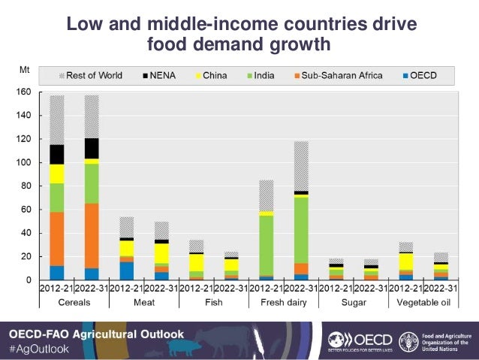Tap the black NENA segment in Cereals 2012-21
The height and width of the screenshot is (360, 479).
(x=56, y=154)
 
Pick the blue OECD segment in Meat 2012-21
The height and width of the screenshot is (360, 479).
(x=126, y=271)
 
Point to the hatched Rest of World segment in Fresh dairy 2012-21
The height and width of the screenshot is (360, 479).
(x=266, y=195)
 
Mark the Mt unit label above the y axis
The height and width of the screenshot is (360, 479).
(x=24, y=70)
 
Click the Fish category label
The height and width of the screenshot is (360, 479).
(x=213, y=302)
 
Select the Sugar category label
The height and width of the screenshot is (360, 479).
(x=353, y=302)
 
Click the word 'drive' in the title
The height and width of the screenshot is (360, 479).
(x=387, y=24)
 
